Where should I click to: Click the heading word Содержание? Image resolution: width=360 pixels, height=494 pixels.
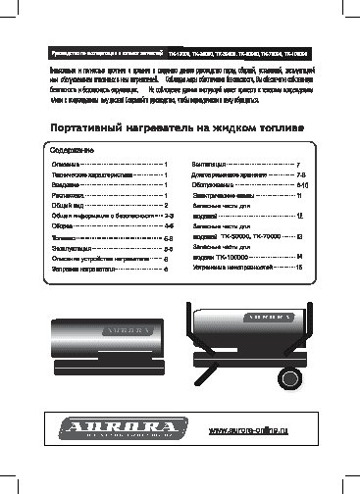point(72,178)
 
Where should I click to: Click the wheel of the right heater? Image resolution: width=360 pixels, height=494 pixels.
point(291,377)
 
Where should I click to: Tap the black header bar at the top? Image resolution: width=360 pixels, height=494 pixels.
point(180,51)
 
